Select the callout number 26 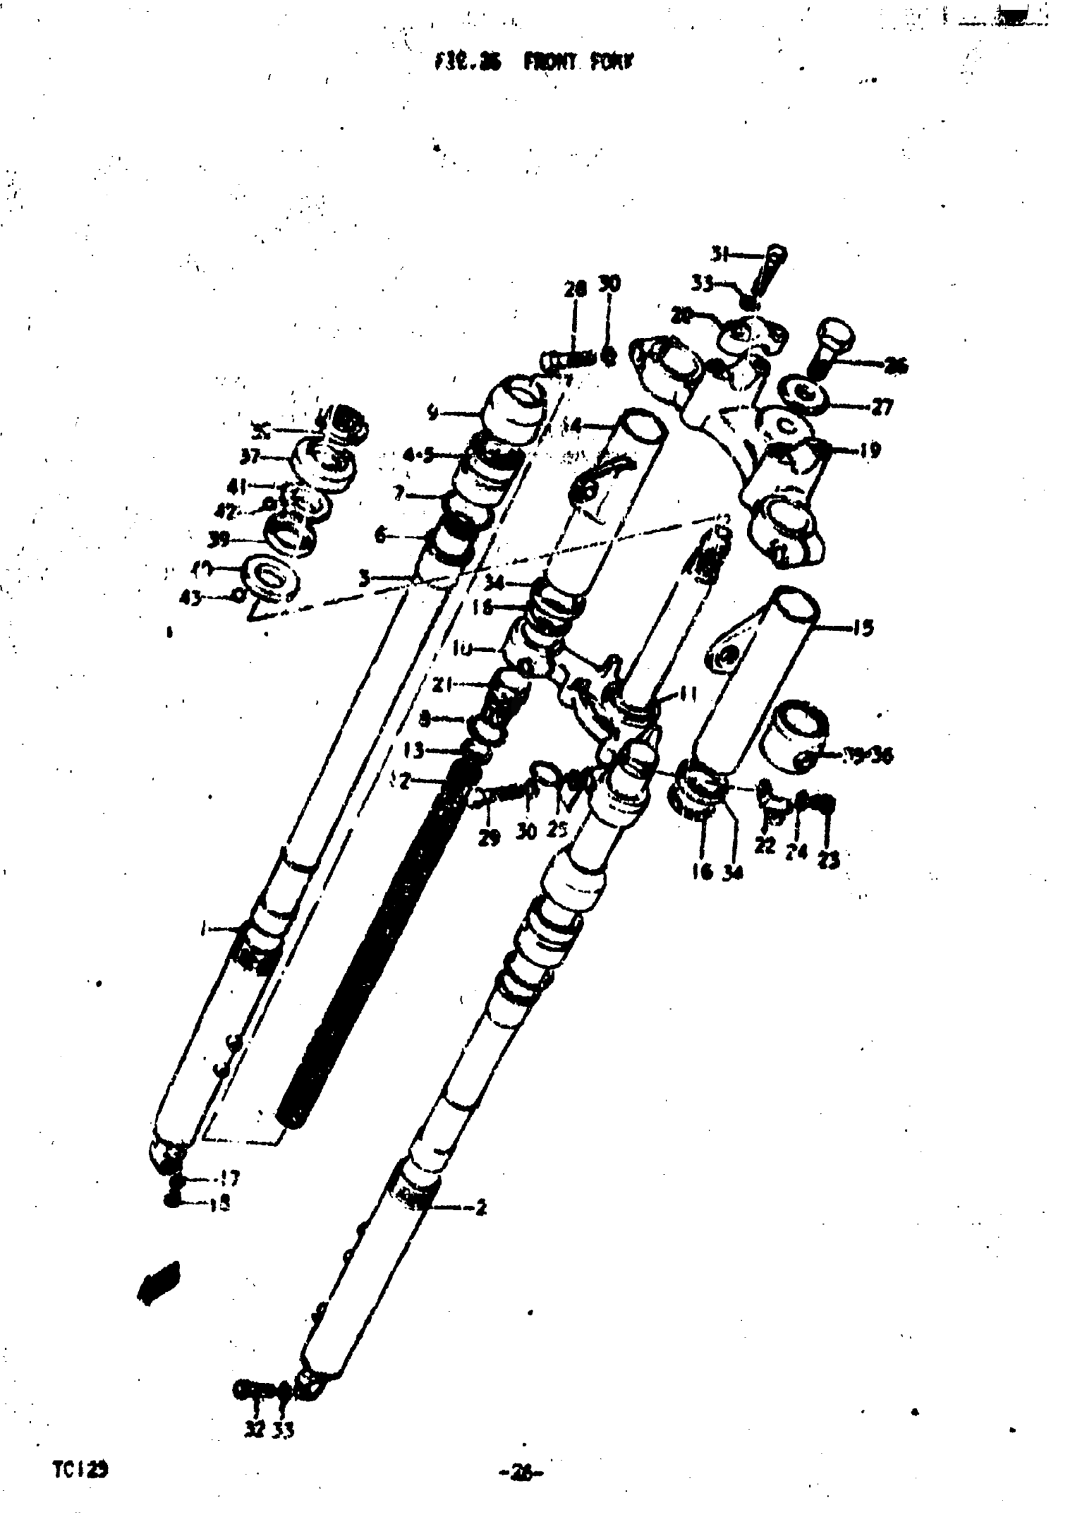(895, 365)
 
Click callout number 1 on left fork (204, 930)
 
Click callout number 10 (462, 649)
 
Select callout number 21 (442, 685)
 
